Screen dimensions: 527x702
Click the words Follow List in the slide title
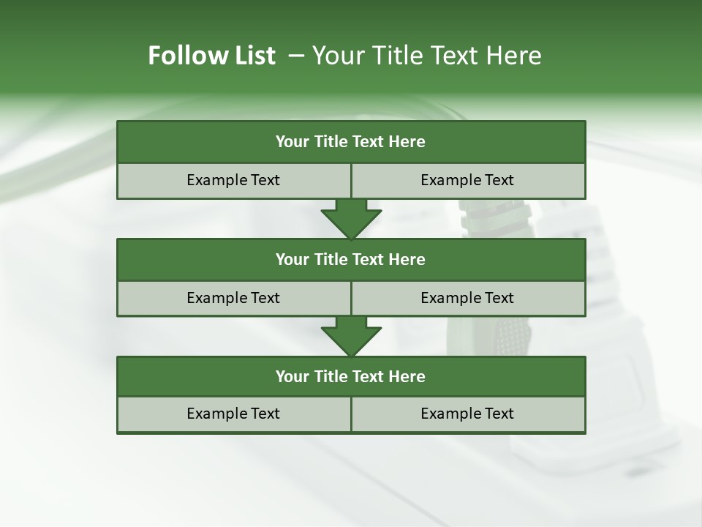pos(211,56)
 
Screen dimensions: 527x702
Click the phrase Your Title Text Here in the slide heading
pos(426,56)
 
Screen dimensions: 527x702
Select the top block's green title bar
pos(351,142)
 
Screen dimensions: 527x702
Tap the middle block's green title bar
pos(351,259)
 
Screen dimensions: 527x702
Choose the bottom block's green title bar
pos(351,376)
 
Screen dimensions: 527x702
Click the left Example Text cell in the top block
pos(233,180)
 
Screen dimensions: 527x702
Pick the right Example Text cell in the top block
pos(467,180)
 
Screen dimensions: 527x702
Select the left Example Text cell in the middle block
pos(233,298)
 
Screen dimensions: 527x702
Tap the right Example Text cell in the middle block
pos(467,298)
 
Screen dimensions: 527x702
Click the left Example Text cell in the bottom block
pos(233,414)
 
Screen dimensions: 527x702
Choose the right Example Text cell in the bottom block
pos(467,414)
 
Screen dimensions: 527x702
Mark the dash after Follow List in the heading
pos(297,56)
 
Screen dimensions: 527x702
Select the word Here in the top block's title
pos(407,142)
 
